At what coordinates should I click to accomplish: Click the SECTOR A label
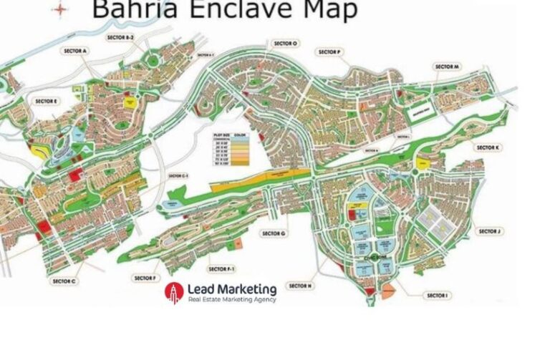click(x=74, y=51)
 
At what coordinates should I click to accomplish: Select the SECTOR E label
click(x=45, y=102)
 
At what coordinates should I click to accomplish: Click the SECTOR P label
click(x=330, y=52)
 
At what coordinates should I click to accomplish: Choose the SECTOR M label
click(x=446, y=66)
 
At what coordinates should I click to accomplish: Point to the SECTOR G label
click(x=274, y=233)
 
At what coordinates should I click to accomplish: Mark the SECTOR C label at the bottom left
click(x=64, y=281)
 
